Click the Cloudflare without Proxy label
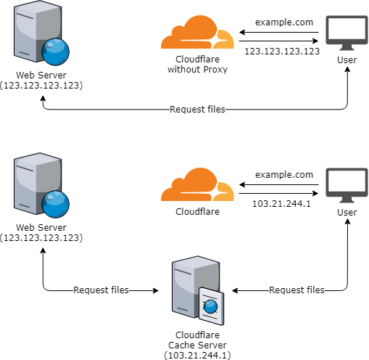pyautogui.click(x=197, y=64)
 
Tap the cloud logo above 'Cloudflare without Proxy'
pyautogui.click(x=197, y=32)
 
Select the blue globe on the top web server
pyautogui.click(x=55, y=52)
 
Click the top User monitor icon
pyautogui.click(x=347, y=33)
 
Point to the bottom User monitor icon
pyautogui.click(x=347, y=185)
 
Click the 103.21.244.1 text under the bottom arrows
pyautogui.click(x=281, y=204)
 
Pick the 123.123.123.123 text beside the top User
pyautogui.click(x=282, y=52)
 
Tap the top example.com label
pyautogui.click(x=284, y=22)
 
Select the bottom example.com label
pyautogui.click(x=284, y=175)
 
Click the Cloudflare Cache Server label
pyautogui.click(x=197, y=345)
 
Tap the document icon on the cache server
pyautogui.click(x=212, y=306)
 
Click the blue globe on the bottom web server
pyautogui.click(x=55, y=204)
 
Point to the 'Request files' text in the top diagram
pyautogui.click(x=197, y=110)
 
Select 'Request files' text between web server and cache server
pyautogui.click(x=101, y=290)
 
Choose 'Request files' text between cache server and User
pyautogui.click(x=297, y=290)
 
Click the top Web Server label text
pyautogui.click(x=41, y=80)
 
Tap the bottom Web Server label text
pyautogui.click(x=41, y=232)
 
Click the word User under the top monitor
pyautogui.click(x=347, y=60)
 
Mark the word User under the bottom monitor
pyautogui.click(x=347, y=213)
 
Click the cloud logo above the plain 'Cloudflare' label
pyautogui.click(x=197, y=184)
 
